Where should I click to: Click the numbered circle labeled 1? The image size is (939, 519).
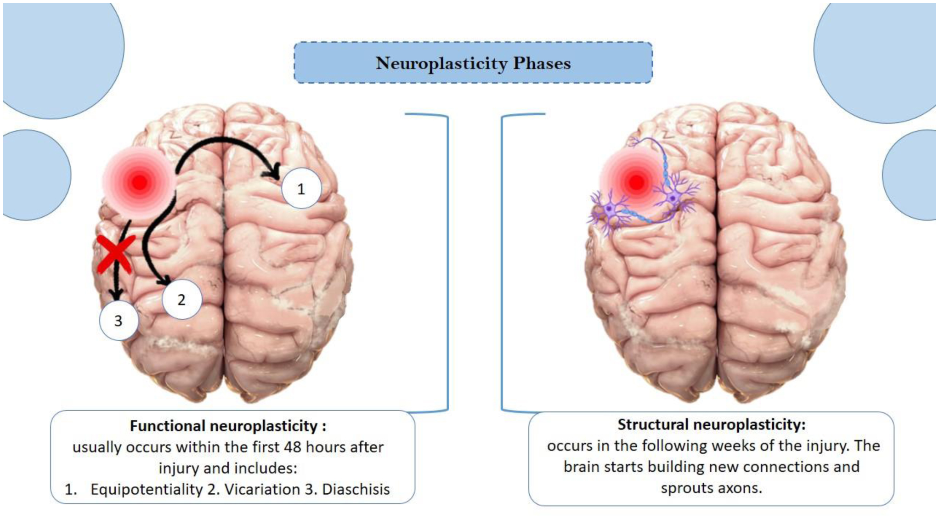[x=301, y=188]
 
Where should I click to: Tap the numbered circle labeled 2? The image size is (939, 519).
[x=181, y=299]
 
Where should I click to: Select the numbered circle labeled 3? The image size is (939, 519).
[x=119, y=321]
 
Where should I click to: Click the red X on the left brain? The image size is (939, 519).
[x=116, y=254]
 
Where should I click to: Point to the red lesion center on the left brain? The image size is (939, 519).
[x=140, y=182]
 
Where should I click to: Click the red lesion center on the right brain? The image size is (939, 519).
[x=636, y=182]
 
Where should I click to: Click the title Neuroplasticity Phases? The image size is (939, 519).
[x=473, y=63]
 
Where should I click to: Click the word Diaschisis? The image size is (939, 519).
[x=356, y=489]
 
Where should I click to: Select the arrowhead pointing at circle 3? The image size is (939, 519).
[x=117, y=294]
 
